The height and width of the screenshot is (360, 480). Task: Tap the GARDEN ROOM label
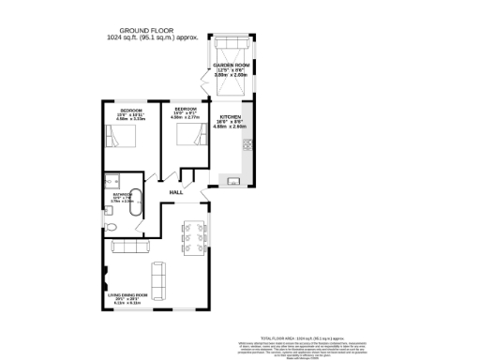click(x=231, y=65)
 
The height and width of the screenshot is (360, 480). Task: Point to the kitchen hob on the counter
click(x=247, y=144)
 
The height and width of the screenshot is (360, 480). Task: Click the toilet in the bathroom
click(x=111, y=227)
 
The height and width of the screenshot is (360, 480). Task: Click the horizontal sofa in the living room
click(x=130, y=247)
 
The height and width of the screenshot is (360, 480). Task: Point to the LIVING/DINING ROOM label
click(x=130, y=295)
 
